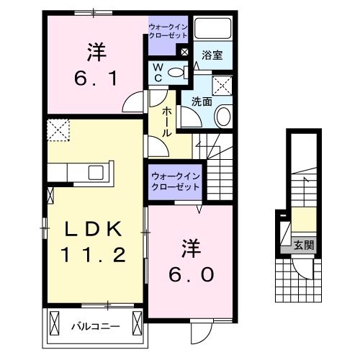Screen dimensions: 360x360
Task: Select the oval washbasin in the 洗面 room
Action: [x=224, y=116]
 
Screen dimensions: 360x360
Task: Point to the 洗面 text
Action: [x=201, y=102]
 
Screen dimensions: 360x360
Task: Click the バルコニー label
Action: [x=94, y=326]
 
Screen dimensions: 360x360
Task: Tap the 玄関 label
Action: [x=303, y=246]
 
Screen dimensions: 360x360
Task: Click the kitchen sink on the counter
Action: [x=95, y=173]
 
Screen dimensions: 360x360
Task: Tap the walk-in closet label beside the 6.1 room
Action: [x=167, y=31]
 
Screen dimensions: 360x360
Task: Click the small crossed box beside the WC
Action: [x=184, y=52]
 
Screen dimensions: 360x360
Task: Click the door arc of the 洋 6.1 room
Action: [x=131, y=102]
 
